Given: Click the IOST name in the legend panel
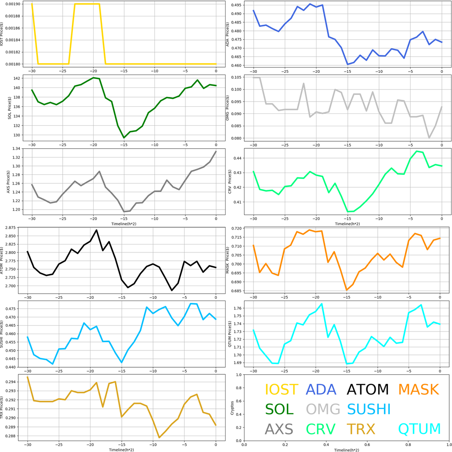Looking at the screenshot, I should pyautogui.click(x=281, y=389).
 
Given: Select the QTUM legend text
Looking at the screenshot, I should pyautogui.click(x=419, y=428).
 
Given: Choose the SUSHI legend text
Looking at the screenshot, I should pyautogui.click(x=369, y=409).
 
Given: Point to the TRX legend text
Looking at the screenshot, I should pyautogui.click(x=361, y=428).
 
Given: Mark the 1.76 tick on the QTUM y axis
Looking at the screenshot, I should pyautogui.click(x=240, y=308).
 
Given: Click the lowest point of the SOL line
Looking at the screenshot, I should pyautogui.click(x=124, y=138).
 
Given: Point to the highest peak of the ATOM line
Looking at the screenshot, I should pyautogui.click(x=97, y=230).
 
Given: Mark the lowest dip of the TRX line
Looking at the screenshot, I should pyautogui.click(x=159, y=437).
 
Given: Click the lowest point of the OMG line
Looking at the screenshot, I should pyautogui.click(x=429, y=138).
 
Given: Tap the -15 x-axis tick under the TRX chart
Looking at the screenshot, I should pyautogui.click(x=121, y=445).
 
